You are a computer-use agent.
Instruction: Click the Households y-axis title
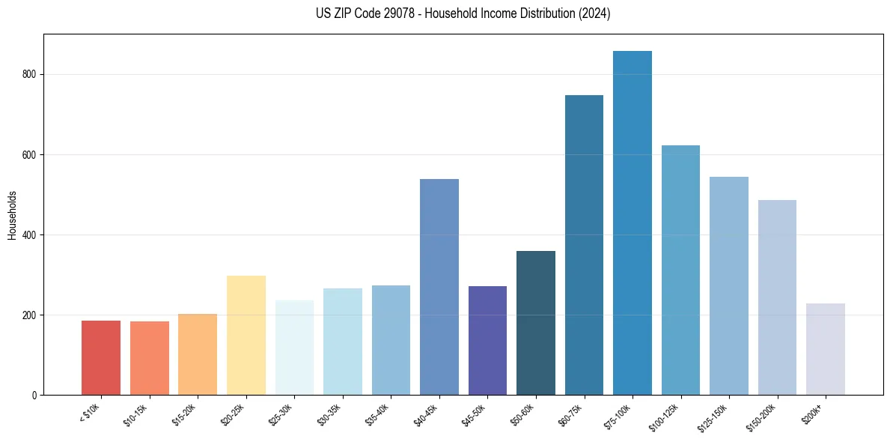tap(12, 215)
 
